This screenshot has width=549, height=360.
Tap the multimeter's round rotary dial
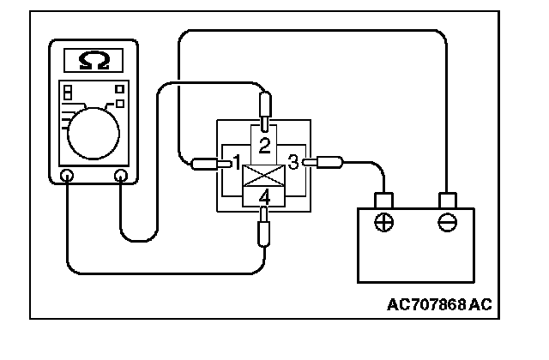point(92,130)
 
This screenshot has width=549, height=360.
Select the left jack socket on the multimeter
point(68,176)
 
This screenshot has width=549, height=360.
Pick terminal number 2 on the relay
point(265,143)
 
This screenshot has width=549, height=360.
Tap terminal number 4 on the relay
point(265,198)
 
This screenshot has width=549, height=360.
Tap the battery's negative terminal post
point(446,200)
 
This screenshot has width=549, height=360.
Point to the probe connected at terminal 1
point(206,163)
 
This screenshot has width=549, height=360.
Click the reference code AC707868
point(440,305)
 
